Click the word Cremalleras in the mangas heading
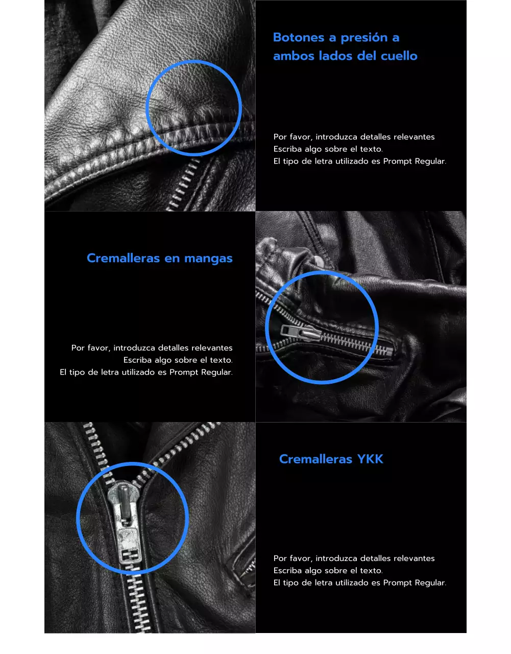123,258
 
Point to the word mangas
208,259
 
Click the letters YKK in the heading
370,459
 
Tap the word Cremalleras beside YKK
315,459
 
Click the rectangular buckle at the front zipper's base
130,554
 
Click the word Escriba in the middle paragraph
137,360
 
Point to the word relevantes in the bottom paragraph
414,558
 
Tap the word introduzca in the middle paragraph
136,348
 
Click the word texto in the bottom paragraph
371,571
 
